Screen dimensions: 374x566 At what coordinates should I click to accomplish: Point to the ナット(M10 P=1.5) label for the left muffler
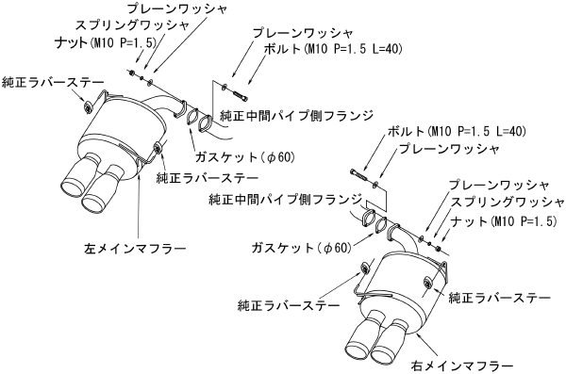point(103,42)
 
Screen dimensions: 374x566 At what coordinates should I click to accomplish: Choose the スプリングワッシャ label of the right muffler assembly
point(506,203)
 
